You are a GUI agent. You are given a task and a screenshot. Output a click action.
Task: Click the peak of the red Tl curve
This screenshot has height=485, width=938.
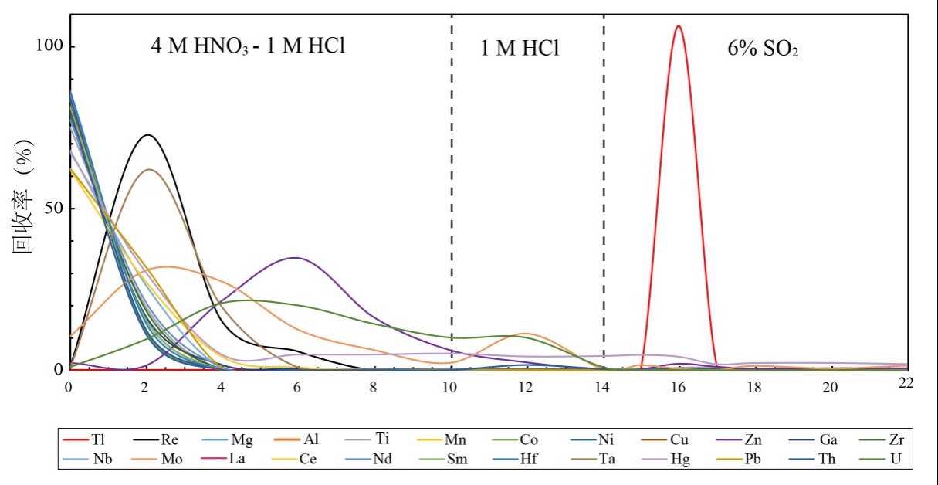click(x=679, y=26)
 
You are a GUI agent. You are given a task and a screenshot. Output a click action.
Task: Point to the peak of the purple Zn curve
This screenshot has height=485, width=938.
click(x=296, y=258)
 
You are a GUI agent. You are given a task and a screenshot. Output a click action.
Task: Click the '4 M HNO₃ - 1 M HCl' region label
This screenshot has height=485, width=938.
click(x=246, y=46)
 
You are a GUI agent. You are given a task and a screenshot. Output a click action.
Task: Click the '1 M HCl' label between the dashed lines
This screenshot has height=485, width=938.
click(x=520, y=49)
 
